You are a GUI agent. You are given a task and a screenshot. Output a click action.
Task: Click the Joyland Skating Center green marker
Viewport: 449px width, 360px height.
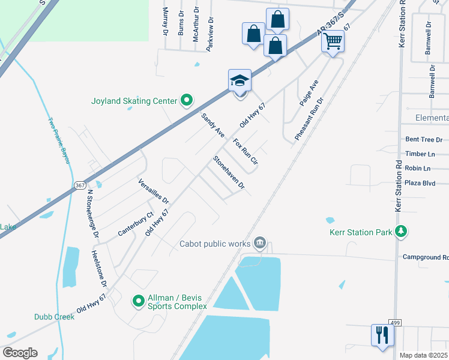(x=186, y=101)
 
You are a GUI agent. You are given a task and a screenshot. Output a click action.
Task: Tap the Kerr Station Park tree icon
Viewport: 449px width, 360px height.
(x=401, y=232)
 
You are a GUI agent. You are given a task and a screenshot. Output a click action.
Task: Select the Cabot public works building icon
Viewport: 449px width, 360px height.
(x=259, y=243)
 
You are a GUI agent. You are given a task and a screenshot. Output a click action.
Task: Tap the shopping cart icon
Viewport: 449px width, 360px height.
(x=333, y=41)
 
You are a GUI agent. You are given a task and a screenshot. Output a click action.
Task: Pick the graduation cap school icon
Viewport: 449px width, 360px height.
(x=239, y=81)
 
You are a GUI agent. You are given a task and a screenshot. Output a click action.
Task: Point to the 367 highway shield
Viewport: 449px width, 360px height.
(x=79, y=185)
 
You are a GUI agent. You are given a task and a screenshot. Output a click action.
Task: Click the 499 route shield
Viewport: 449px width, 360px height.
(x=394, y=323)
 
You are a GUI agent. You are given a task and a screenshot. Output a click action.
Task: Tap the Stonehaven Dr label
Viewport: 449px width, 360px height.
(x=229, y=173)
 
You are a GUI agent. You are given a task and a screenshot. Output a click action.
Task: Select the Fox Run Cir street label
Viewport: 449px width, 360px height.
(x=245, y=152)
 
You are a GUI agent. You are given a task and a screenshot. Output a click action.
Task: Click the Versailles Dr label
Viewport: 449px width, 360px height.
(x=154, y=191)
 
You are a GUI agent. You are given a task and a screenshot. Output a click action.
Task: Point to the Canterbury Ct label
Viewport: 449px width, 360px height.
(x=136, y=224)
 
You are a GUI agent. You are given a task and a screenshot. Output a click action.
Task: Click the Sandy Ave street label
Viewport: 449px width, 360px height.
(x=212, y=124)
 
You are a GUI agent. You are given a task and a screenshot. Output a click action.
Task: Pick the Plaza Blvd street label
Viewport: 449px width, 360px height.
(x=420, y=183)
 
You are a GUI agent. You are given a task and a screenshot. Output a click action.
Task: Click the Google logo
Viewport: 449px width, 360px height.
(x=20, y=352)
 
